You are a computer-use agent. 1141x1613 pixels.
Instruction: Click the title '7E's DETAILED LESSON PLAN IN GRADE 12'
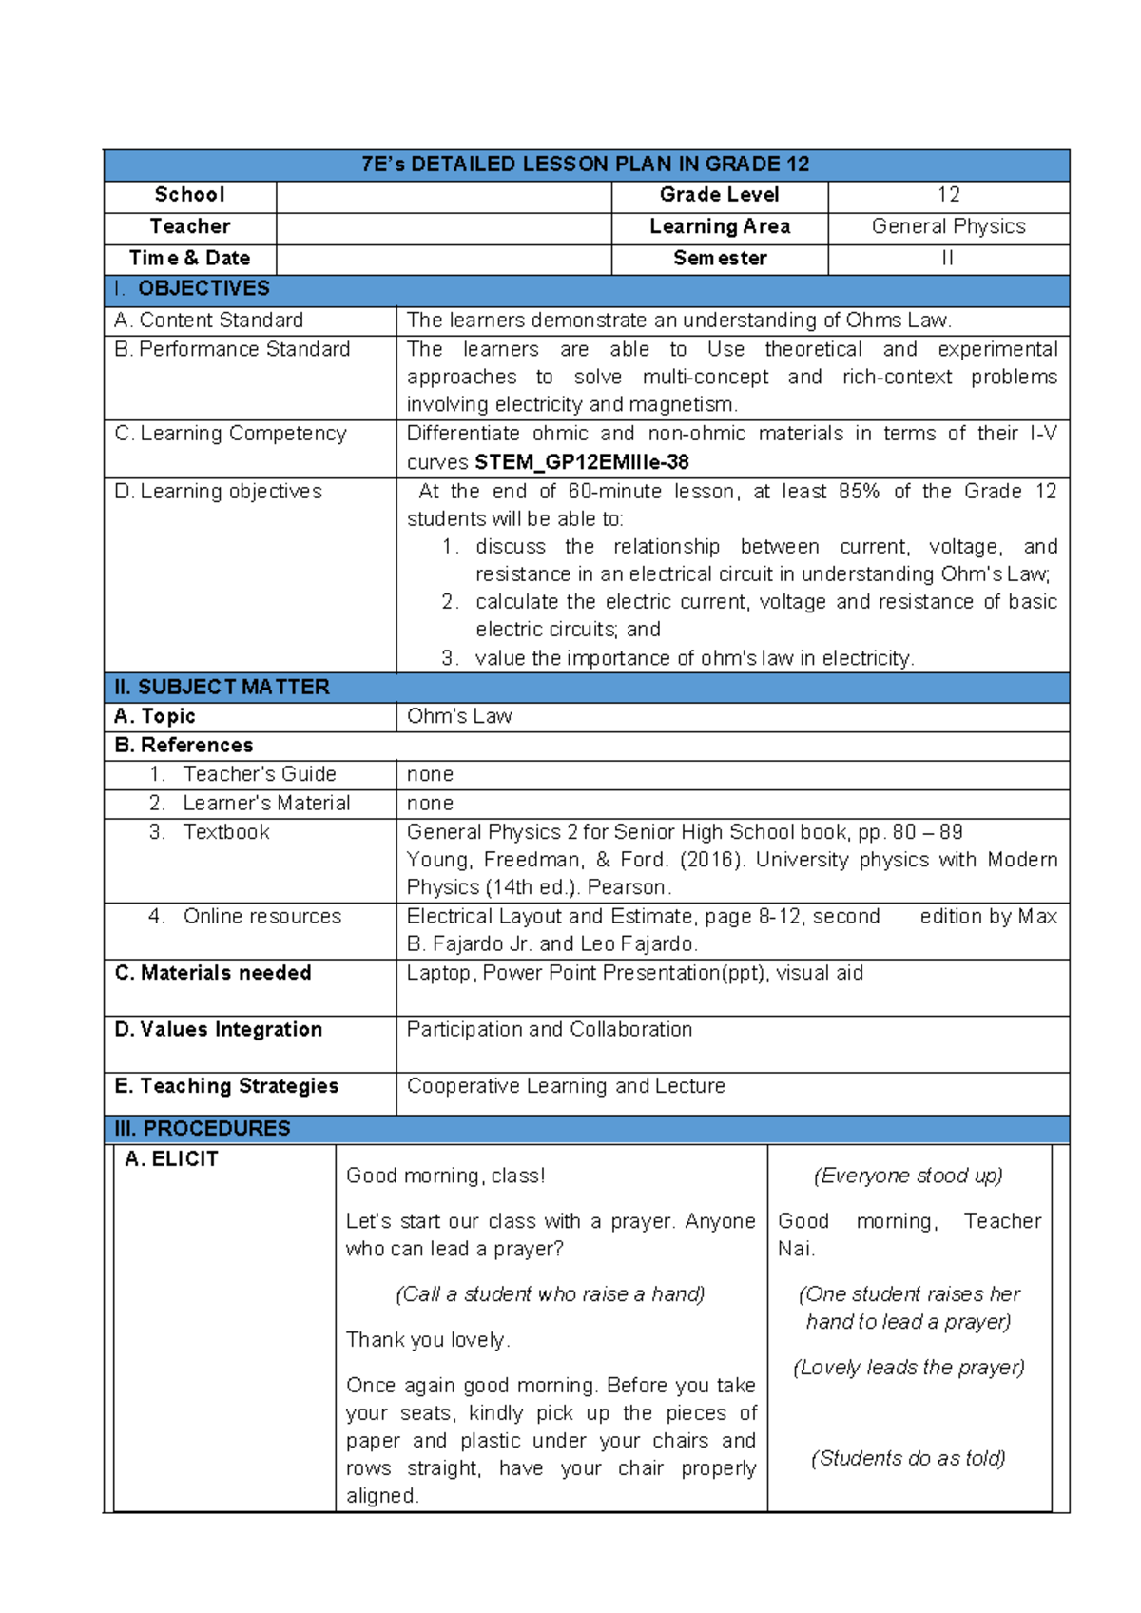585,165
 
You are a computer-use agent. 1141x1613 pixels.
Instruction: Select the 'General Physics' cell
948,227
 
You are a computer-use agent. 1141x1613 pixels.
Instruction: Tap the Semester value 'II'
947,259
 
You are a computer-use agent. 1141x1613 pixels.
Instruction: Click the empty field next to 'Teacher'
443,227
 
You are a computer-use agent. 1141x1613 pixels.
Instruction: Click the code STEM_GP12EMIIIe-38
581,463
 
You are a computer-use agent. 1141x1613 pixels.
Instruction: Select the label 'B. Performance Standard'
232,350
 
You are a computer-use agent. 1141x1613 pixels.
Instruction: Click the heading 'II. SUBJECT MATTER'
222,688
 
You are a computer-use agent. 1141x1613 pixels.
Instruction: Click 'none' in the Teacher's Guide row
430,775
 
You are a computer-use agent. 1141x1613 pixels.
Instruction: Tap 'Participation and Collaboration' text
549,1030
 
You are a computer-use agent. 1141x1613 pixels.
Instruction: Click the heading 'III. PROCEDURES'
203,1129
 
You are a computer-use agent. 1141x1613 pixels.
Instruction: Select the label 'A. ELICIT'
171,1159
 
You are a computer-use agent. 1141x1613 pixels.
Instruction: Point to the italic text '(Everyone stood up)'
908,1176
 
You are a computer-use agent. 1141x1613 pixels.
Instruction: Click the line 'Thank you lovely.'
428,1341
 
